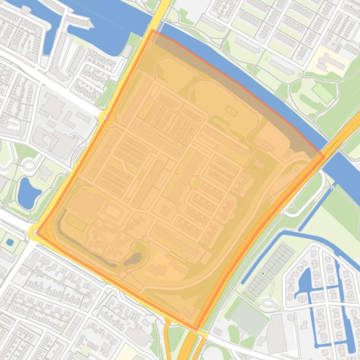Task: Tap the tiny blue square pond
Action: tap(10, 242)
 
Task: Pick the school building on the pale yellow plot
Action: tap(331, 62)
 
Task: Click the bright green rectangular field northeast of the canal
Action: tap(323, 93)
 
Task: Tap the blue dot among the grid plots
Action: tap(263, 273)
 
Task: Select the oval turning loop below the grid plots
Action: tap(268, 303)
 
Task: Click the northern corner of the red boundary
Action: tap(152, 31)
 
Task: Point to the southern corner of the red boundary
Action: tap(197, 329)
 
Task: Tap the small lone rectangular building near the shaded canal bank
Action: tap(231, 110)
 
